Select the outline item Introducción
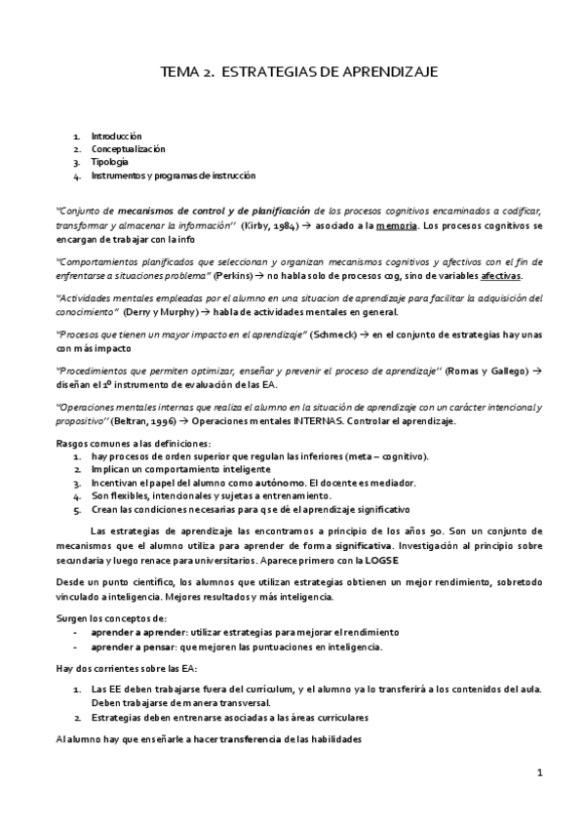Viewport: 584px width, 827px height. click(117, 137)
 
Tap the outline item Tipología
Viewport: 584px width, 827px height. click(109, 162)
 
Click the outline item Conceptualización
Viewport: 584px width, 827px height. click(128, 149)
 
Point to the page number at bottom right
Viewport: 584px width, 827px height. click(539, 772)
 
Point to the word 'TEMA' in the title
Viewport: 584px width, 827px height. click(177, 72)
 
